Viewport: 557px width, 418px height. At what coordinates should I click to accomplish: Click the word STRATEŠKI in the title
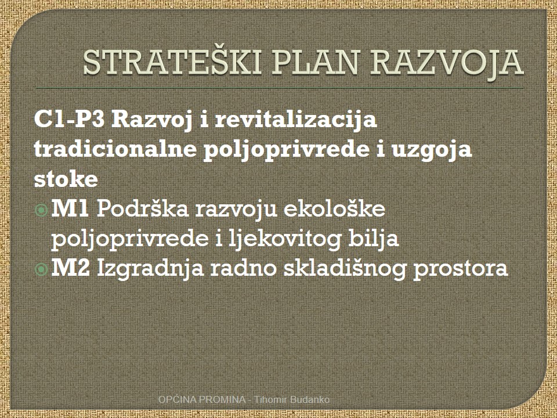coord(172,62)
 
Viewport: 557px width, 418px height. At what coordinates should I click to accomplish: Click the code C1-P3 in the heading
coord(69,120)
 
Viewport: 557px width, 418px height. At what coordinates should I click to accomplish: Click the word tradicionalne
coord(115,149)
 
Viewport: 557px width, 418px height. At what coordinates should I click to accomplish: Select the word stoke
coord(66,179)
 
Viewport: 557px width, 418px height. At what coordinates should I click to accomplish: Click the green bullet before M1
coord(41,211)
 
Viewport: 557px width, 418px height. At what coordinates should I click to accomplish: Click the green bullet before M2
coord(41,269)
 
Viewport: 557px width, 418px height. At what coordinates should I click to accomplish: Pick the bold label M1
coord(70,208)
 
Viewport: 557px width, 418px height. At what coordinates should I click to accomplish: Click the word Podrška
coord(143,208)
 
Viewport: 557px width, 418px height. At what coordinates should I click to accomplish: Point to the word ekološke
coord(334,208)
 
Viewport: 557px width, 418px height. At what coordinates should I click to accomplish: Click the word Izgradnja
coord(150,269)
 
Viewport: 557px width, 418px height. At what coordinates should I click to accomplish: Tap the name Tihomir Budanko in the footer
coord(292,399)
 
